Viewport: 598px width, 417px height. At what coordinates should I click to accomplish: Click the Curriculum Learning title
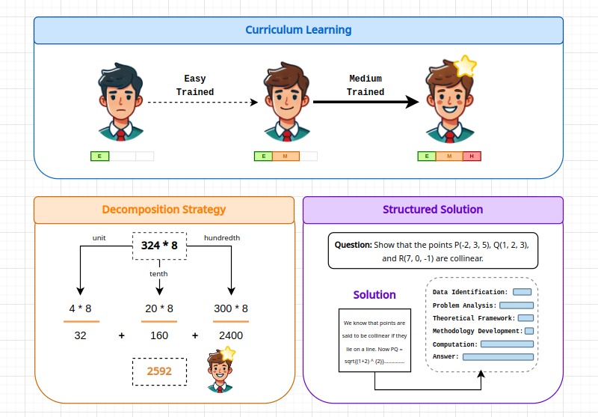(x=298, y=31)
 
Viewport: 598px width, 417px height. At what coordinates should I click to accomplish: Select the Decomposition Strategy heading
(x=164, y=210)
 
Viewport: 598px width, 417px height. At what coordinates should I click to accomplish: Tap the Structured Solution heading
(x=433, y=210)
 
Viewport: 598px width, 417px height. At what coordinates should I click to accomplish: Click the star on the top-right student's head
(x=465, y=67)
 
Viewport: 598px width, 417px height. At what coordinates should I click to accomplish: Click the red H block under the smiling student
(x=472, y=156)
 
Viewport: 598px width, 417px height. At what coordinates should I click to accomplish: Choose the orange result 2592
(x=159, y=371)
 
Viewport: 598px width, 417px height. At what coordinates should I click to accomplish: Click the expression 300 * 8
(x=231, y=308)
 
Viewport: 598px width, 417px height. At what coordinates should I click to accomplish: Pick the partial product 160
(x=159, y=335)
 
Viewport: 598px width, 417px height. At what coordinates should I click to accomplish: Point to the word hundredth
(x=222, y=238)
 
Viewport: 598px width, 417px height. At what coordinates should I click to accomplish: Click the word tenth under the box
(x=159, y=273)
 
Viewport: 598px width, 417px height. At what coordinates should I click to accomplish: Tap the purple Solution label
(x=374, y=295)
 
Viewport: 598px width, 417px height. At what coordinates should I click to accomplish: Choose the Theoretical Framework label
(x=474, y=318)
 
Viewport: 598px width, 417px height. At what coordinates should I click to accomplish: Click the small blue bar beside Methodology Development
(x=529, y=331)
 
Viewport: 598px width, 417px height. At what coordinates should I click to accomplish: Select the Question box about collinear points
(x=433, y=251)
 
